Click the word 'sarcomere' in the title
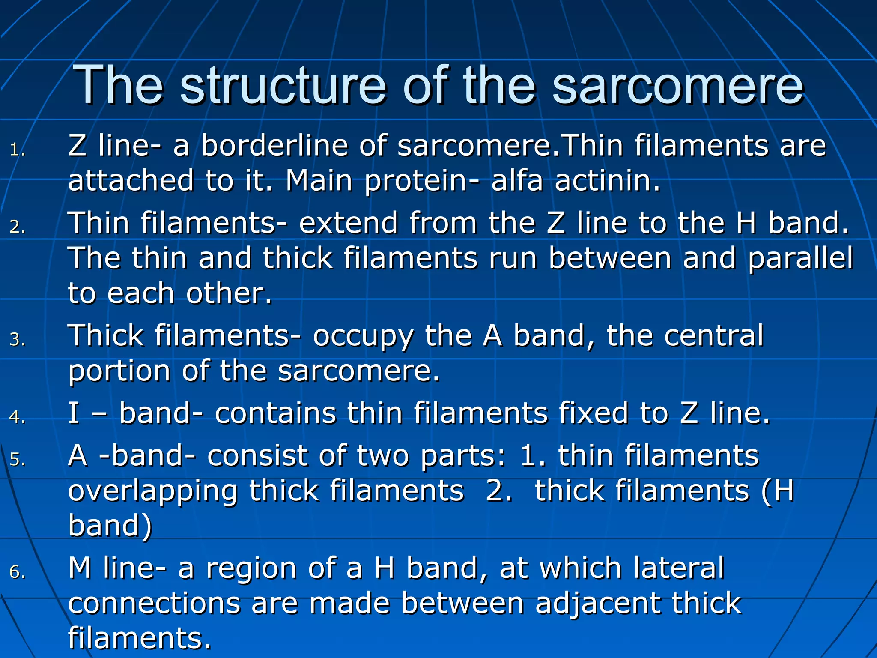[677, 86]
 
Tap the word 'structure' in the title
[283, 86]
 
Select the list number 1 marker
[18, 150]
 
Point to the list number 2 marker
[18, 227]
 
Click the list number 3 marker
[18, 340]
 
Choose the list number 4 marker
[18, 417]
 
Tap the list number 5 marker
[18, 460]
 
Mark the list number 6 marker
[18, 572]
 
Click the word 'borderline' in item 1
[274, 146]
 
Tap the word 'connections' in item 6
[154, 604]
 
